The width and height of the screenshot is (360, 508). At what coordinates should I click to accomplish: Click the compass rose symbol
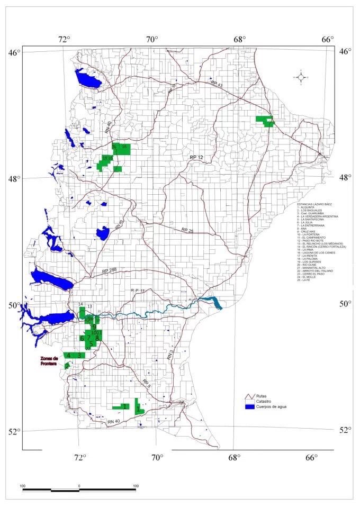[301, 78]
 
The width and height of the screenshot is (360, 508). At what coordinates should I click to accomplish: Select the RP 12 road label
[197, 158]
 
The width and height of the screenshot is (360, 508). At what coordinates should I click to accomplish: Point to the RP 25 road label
[187, 231]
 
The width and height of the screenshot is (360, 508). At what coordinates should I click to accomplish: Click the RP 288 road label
[110, 271]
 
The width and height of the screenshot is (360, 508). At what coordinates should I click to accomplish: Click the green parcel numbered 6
[82, 338]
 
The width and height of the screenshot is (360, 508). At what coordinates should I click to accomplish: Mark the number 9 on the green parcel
[94, 326]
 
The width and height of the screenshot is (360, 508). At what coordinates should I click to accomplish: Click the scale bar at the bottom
[79, 489]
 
